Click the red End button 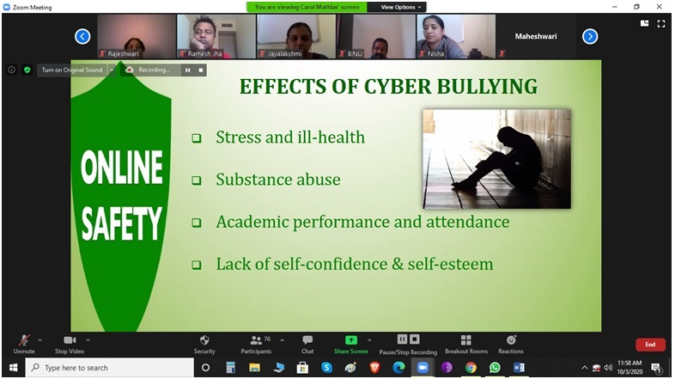point(650,345)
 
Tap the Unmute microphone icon point(24,340)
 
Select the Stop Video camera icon point(70,340)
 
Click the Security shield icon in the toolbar point(204,340)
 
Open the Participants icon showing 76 point(257,340)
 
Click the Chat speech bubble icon point(307,340)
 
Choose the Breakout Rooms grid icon point(465,340)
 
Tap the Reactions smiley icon point(511,340)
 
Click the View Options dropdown point(401,7)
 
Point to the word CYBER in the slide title point(398,86)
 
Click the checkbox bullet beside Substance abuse point(197,180)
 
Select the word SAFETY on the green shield point(122,223)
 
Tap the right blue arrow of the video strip point(590,37)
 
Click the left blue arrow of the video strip point(82,37)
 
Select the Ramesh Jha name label point(205,54)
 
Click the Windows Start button point(14,368)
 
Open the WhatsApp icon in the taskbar point(495,367)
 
